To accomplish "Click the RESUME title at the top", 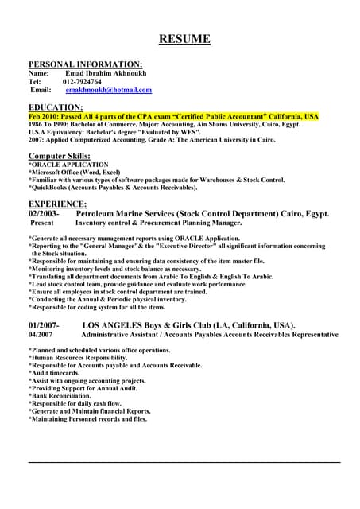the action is click(x=184, y=39).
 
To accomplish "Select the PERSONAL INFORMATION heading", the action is click(x=86, y=64).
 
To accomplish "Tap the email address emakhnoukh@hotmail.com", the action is click(x=108, y=91).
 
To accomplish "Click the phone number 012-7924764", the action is click(x=83, y=81).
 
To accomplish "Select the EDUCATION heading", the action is click(x=56, y=107).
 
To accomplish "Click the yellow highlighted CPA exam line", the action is click(x=173, y=116).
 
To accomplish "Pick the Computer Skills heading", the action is click(x=60, y=155).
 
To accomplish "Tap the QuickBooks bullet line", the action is click(x=113, y=188).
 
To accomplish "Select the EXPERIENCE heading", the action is click(x=57, y=204).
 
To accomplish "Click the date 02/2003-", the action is click(x=44, y=214).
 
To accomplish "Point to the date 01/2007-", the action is click(x=44, y=326).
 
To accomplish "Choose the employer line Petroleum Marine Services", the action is click(x=202, y=214).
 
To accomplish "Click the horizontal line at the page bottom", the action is click(x=184, y=462).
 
